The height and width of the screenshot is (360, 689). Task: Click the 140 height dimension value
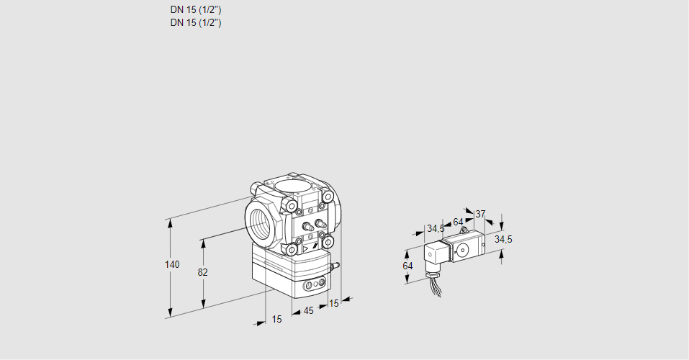(x=171, y=265)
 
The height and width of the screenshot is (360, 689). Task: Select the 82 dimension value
(x=202, y=272)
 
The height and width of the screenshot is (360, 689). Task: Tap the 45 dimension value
(x=308, y=310)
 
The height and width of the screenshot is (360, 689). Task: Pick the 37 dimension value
(x=480, y=214)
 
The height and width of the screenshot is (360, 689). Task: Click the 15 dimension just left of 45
(x=276, y=319)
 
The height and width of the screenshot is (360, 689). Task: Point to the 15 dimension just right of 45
(x=333, y=303)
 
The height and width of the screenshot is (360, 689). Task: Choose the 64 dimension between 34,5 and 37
(x=458, y=222)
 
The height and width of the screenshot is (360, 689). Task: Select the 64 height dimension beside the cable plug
(x=407, y=266)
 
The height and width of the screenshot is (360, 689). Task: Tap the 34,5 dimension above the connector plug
(x=435, y=229)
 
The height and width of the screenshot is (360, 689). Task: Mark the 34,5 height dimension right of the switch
(x=503, y=239)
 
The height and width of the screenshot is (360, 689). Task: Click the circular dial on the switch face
(x=461, y=251)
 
